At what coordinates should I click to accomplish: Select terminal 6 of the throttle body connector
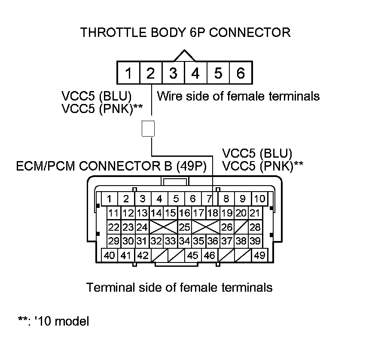coord(241,74)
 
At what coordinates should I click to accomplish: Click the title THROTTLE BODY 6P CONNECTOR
coord(186,33)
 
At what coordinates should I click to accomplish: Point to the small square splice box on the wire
coord(148,129)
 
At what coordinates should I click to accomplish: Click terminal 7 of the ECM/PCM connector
coord(209,198)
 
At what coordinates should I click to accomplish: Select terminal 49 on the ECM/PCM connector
coord(259,255)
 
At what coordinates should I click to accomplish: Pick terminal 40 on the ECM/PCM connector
coord(110,255)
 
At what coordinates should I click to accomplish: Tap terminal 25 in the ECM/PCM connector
coord(184,227)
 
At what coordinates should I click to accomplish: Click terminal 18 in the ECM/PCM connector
coord(213,213)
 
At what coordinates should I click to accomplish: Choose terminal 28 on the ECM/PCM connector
coord(255,227)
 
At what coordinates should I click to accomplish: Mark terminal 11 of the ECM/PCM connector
coord(113,213)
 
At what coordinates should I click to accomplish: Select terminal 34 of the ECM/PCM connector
coord(184,241)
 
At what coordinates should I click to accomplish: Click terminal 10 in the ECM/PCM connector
coord(259,198)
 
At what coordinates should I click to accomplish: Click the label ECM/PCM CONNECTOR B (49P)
coord(112,166)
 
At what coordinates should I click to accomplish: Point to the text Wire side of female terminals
coord(238,96)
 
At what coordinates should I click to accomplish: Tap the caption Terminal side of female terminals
coord(180,287)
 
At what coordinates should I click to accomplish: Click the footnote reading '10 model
coord(54,321)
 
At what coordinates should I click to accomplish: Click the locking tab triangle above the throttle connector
coord(185,56)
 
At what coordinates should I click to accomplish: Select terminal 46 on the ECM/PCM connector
coord(209,255)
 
